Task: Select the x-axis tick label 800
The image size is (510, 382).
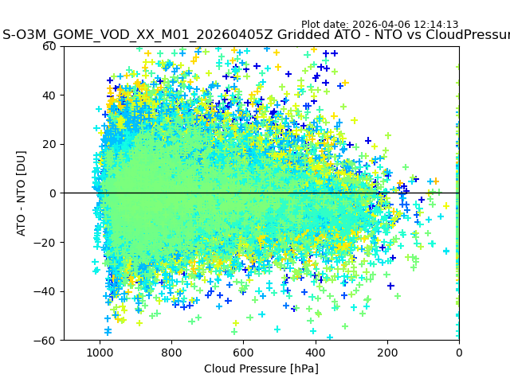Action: pyautogui.click(x=171, y=352)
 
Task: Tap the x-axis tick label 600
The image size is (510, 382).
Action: pyautogui.click(x=243, y=352)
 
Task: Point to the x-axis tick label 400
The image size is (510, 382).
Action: pyautogui.click(x=315, y=352)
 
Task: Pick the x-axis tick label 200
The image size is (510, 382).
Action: pyautogui.click(x=386, y=352)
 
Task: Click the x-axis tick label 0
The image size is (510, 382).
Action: pyautogui.click(x=458, y=352)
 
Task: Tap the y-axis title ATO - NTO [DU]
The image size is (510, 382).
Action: pyautogui.click(x=22, y=193)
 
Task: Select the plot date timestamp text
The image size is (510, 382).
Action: pyautogui.click(x=379, y=25)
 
